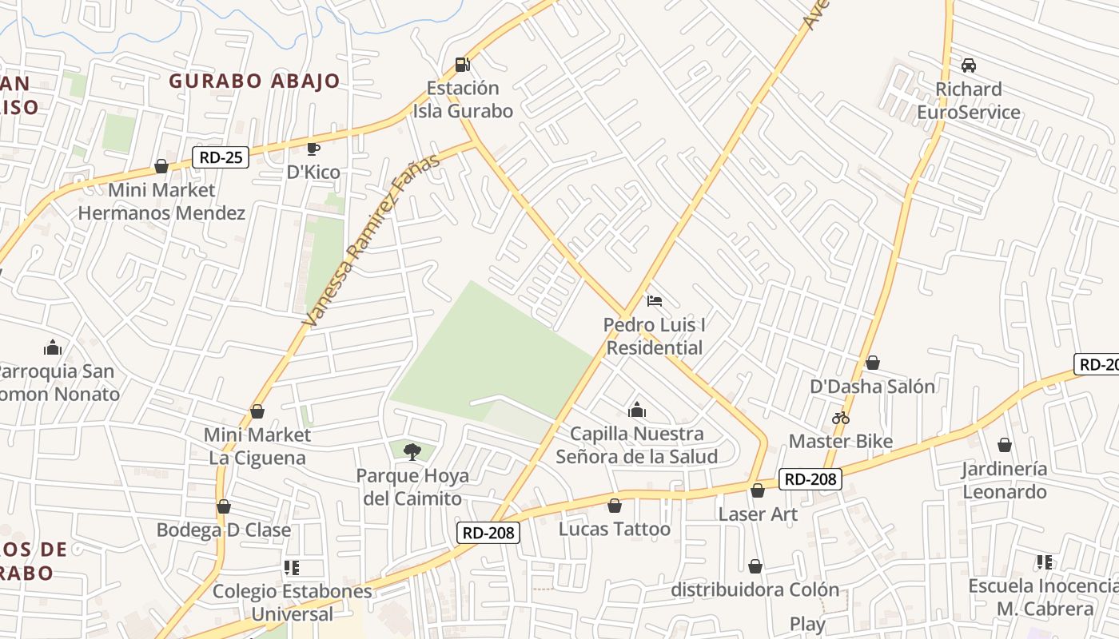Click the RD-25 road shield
point(221,157)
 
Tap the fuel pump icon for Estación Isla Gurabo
point(462,64)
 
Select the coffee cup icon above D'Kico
point(313,149)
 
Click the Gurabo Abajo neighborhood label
point(254,81)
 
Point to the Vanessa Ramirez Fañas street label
point(372,240)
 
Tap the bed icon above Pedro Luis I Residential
point(654,301)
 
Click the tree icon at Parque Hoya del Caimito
point(412,452)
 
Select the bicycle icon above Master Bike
point(840,418)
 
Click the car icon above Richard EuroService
point(969,65)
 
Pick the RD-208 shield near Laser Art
point(810,479)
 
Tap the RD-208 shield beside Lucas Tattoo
point(488,533)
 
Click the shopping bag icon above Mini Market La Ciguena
point(257,411)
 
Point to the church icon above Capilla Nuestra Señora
point(637,410)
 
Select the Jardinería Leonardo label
point(1004,480)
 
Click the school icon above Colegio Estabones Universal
point(292,568)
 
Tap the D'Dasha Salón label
point(872,387)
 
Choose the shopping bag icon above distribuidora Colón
point(755,566)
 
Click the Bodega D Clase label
point(224,530)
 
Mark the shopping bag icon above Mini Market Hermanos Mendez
point(161,166)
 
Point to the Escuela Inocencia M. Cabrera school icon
point(1044,562)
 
